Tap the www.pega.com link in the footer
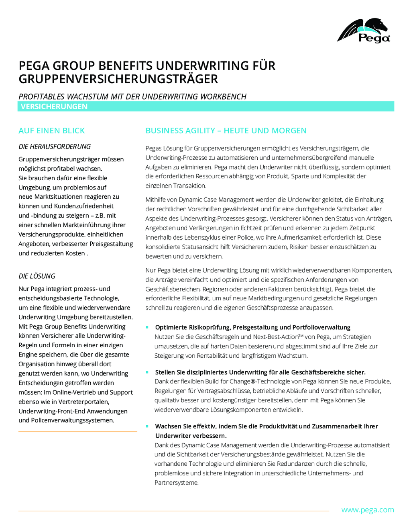click(367, 510)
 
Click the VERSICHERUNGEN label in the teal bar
click(54, 106)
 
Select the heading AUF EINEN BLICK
click(52, 130)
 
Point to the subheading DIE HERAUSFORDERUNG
click(55, 147)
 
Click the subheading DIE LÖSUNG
click(37, 276)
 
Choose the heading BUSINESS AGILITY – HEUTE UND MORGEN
click(226, 130)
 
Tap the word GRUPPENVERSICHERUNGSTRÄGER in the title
click(118, 79)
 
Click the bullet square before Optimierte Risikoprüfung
click(147, 327)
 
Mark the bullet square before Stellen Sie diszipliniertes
click(147, 372)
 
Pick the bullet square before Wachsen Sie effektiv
click(147, 426)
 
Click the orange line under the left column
click(77, 432)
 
